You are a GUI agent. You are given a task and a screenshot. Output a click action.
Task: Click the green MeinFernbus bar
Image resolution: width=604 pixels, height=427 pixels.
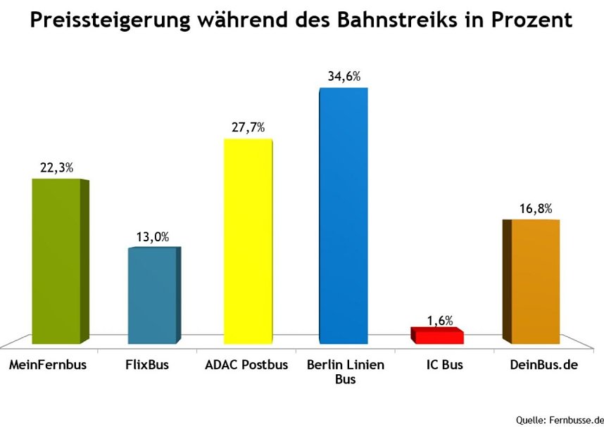pos(57,260)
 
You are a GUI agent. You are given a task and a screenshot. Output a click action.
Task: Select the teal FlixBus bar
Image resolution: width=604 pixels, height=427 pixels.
pos(152,295)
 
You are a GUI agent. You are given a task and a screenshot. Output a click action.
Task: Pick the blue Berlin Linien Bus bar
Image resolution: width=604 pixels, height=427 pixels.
pos(343,215)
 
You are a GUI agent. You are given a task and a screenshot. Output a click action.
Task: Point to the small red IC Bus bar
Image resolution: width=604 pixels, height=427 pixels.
pos(439,337)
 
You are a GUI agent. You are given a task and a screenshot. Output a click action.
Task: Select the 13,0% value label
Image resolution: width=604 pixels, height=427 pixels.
pos(152,237)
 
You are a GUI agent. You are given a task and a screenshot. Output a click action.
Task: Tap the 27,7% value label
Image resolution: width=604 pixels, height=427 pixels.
pos(248,127)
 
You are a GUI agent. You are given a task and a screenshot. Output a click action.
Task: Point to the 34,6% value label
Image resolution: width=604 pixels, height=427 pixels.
pos(344,77)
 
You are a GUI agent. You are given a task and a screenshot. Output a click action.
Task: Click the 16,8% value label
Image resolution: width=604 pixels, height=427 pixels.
pos(535,208)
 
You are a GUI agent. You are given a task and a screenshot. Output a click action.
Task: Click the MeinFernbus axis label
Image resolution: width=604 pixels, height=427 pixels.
pos(52,367)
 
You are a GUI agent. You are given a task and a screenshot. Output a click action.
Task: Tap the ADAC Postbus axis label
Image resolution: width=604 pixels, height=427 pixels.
pos(246,367)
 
